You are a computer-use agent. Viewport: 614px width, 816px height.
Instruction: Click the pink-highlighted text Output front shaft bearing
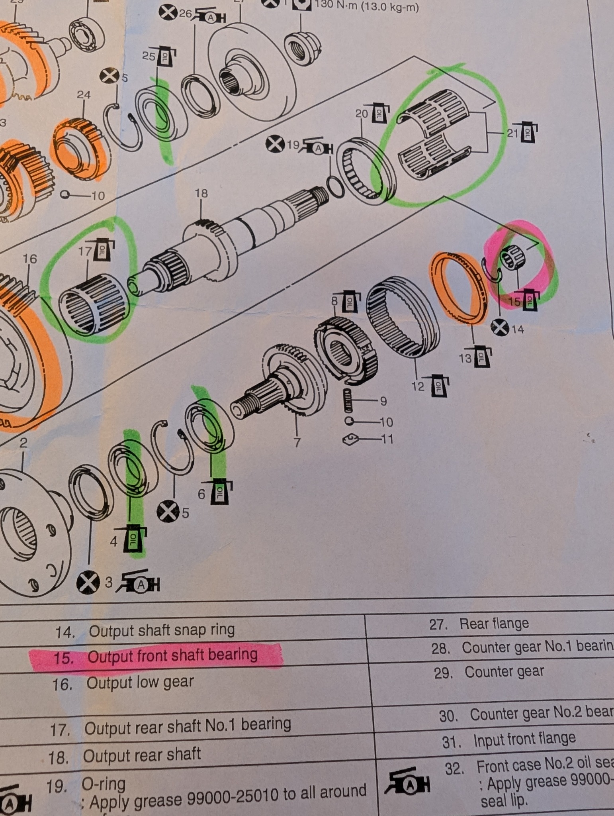pos(172,655)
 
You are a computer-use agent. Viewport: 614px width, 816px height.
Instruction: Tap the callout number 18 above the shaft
pos(201,194)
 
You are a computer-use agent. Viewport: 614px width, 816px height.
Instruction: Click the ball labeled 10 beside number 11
pos(349,421)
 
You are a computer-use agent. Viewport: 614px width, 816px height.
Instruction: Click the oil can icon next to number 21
pos(528,133)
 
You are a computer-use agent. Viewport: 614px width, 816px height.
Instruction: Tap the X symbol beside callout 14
pos(500,328)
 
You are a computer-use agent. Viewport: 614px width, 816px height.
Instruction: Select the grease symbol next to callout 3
pos(140,584)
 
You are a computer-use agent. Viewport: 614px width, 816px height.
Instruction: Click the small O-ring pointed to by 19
pos(335,187)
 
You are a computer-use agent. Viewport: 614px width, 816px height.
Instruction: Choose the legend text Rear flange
pos(494,623)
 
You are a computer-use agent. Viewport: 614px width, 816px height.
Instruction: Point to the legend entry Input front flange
pos(524,739)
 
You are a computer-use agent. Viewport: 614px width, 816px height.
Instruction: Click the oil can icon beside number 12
pos(439,386)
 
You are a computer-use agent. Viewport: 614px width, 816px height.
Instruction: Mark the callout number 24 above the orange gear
pos(84,95)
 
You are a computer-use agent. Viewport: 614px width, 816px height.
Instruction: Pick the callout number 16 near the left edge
pos(30,259)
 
